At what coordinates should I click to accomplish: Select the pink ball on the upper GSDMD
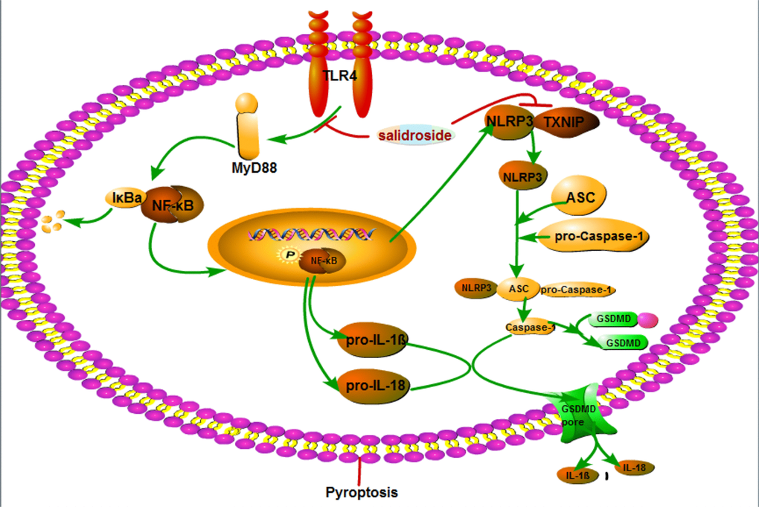tap(648, 319)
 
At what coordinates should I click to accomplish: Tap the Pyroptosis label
tap(362, 492)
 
